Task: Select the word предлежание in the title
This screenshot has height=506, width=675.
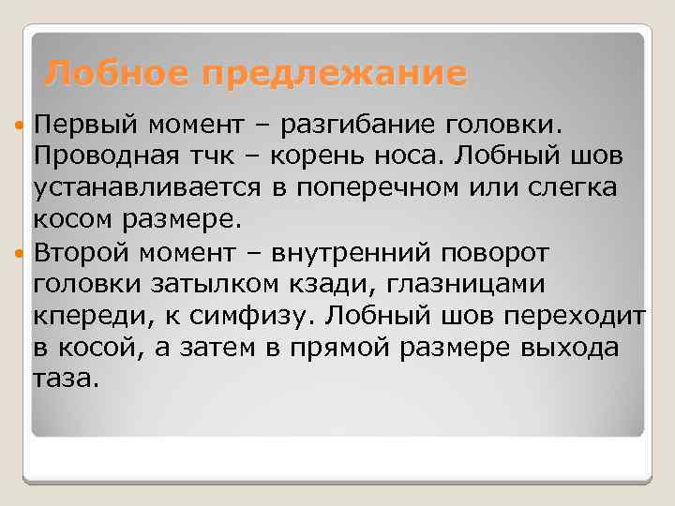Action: (336, 73)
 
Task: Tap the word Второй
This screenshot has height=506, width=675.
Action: (79, 252)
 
